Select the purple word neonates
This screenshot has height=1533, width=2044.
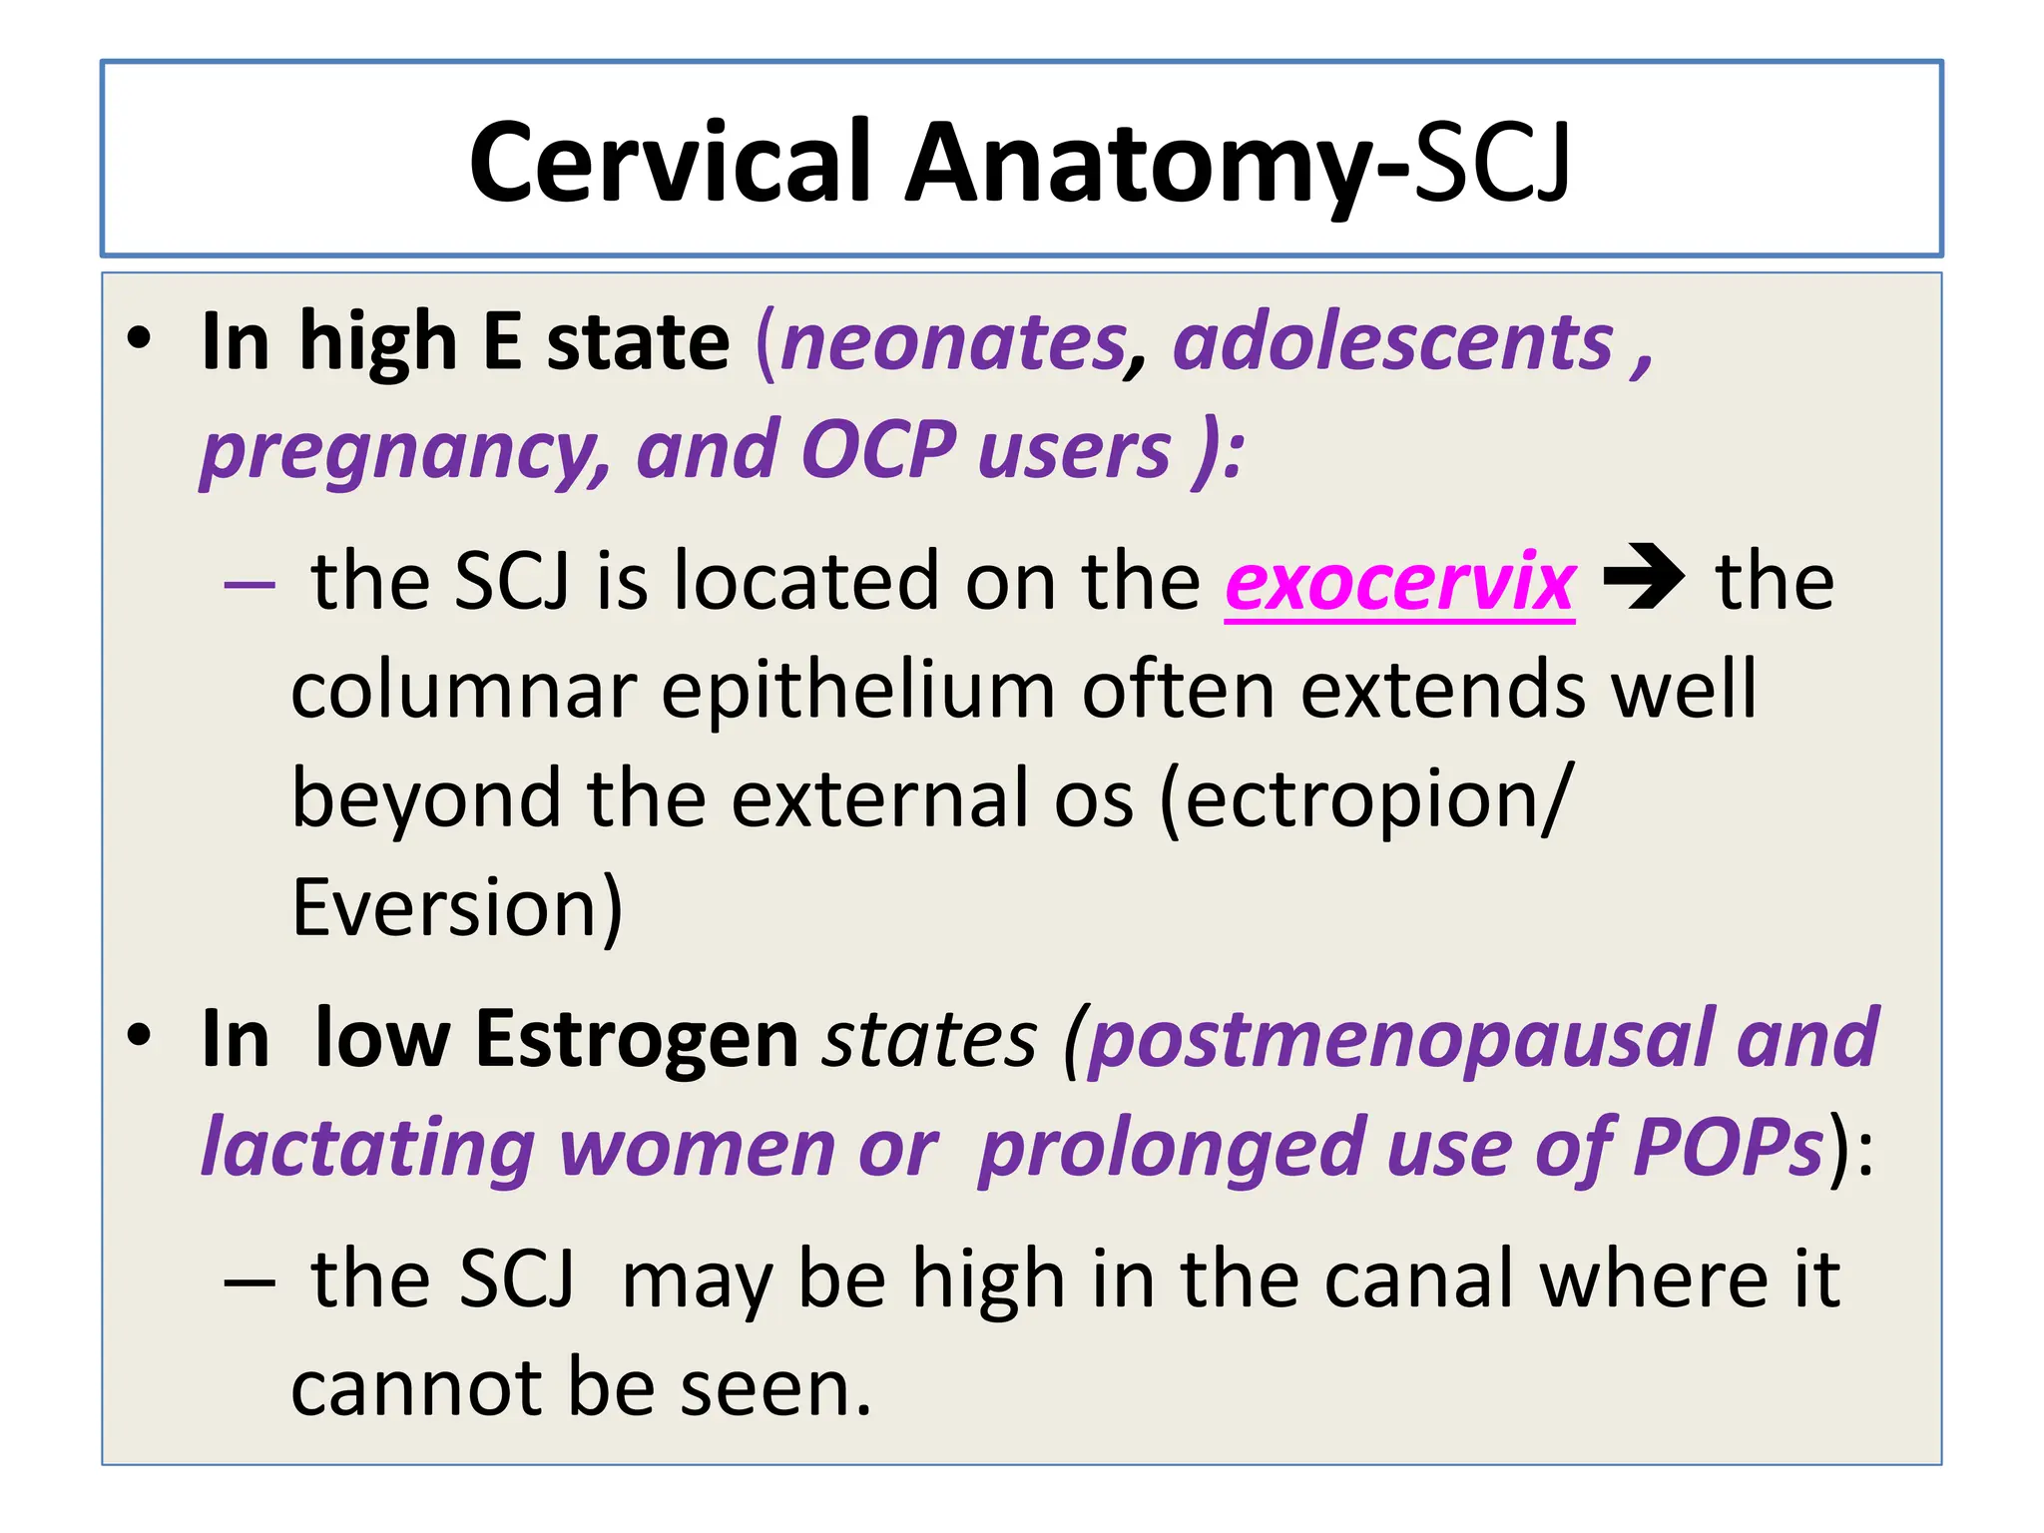(x=953, y=342)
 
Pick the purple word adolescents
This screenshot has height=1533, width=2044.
(x=1393, y=342)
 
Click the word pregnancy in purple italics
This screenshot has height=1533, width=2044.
(x=404, y=452)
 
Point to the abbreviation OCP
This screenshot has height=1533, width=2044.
(x=878, y=450)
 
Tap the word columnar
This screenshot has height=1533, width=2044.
(x=464, y=691)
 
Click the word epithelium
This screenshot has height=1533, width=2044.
(x=858, y=691)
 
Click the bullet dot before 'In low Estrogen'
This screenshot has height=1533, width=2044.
(x=140, y=1035)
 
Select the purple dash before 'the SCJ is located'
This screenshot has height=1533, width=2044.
(x=250, y=583)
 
